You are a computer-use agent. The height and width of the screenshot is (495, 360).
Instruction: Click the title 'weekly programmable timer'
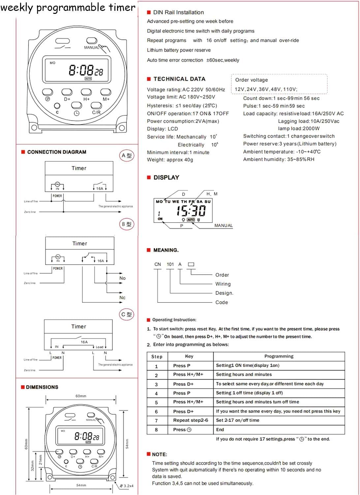tap(68, 7)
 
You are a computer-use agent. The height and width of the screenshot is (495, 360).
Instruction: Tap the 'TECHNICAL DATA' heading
tap(179, 79)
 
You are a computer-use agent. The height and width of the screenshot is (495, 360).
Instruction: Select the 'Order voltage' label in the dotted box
tap(252, 80)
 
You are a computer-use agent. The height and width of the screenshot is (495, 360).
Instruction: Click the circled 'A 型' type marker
tap(127, 155)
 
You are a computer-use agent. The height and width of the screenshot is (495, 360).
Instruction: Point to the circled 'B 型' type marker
tap(127, 224)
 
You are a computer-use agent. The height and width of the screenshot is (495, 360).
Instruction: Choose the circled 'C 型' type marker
tap(127, 314)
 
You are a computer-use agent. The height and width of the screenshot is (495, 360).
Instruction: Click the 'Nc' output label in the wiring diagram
tap(122, 298)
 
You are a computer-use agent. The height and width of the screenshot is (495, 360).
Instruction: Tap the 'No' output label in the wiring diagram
tap(122, 278)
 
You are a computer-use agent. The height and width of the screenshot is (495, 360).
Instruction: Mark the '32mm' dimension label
tap(32, 465)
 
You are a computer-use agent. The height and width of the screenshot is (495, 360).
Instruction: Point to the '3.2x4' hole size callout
tap(127, 486)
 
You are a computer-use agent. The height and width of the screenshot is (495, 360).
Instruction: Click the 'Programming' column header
tap(279, 356)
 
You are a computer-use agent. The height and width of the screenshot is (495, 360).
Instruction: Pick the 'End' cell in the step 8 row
tap(220, 430)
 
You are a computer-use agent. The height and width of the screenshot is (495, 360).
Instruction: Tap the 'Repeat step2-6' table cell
tap(191, 420)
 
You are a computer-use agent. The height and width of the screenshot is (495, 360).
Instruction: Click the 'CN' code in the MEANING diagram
tap(158, 264)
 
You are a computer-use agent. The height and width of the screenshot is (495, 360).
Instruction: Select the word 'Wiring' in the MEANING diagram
tap(223, 284)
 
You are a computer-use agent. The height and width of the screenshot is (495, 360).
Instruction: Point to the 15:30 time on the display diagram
tap(191, 211)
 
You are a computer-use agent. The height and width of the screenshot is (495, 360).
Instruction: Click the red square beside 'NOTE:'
tap(148, 454)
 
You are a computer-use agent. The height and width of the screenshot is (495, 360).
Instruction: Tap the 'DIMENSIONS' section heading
tap(42, 387)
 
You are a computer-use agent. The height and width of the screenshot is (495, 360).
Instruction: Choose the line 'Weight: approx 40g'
tap(170, 160)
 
